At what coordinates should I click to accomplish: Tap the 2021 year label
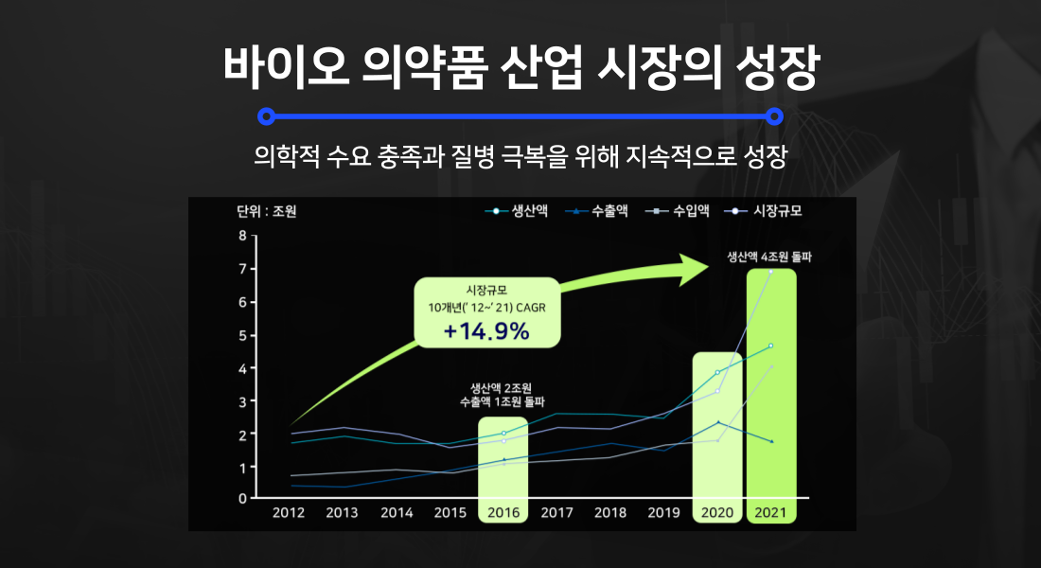[771, 512]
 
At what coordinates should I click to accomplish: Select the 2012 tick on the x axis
[288, 512]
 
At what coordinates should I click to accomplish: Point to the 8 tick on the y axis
[242, 236]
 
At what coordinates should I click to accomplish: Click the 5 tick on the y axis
[242, 335]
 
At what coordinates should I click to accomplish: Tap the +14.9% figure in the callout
[487, 331]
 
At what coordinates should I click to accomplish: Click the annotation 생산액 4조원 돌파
[770, 257]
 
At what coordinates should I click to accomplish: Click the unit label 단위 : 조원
[266, 211]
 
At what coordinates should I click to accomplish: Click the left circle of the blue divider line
[267, 116]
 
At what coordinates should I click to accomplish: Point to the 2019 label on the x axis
[663, 512]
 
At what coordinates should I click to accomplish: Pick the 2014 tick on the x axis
[396, 512]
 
